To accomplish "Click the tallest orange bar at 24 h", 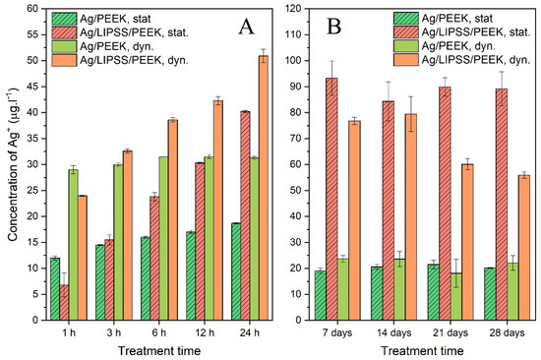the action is click(x=264, y=188).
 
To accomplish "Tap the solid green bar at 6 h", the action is click(x=163, y=238).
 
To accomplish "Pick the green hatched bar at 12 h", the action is click(x=191, y=276).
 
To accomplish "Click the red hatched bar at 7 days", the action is click(x=331, y=199).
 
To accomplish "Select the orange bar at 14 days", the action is click(x=411, y=217).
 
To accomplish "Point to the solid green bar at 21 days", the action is click(x=456, y=297).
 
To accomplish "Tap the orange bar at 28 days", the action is click(x=524, y=248).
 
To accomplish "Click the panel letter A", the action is click(x=246, y=28).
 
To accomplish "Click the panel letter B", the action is click(x=334, y=28).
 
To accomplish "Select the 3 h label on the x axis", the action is click(x=114, y=333).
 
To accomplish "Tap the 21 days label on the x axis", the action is click(x=451, y=333).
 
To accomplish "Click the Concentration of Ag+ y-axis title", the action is click(x=13, y=164).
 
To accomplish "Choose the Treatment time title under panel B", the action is click(x=422, y=351).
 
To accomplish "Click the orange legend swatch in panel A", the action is click(x=64, y=60).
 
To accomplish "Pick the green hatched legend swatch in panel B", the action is click(x=405, y=19).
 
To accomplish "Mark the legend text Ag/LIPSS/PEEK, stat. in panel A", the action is click(x=134, y=32).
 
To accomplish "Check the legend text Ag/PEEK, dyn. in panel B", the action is click(x=458, y=46).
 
